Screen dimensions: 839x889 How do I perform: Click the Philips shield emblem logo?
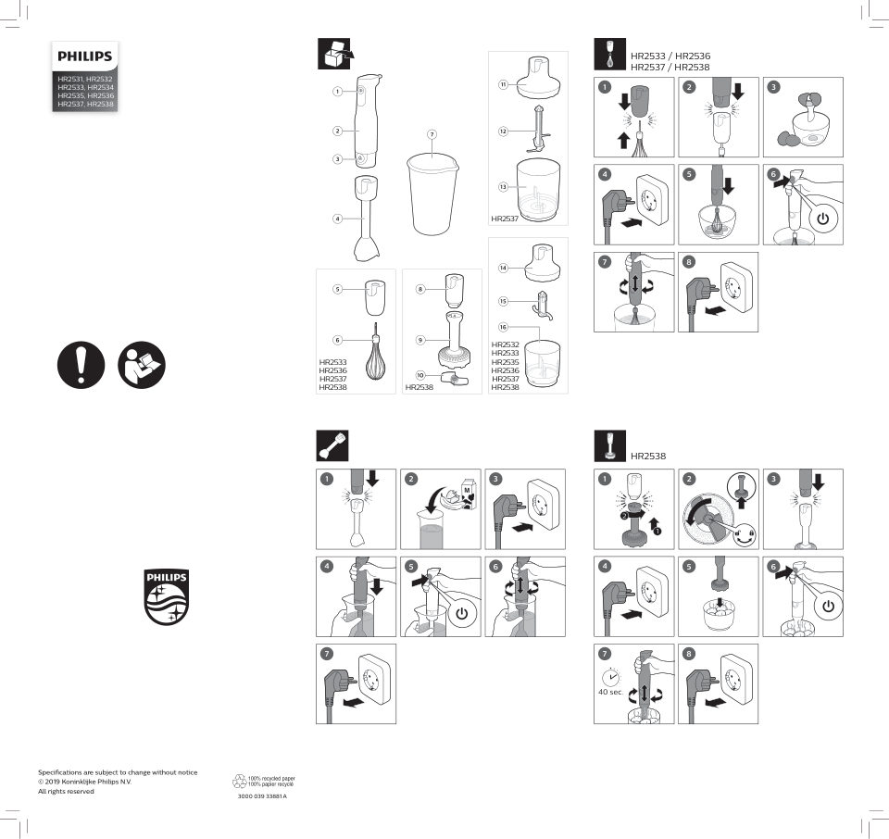(167, 596)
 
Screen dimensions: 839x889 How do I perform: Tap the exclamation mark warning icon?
(80, 365)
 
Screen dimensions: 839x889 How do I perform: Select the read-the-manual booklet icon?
(142, 365)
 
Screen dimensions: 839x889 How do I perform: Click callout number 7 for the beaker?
(432, 135)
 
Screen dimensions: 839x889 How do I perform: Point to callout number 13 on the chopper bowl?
(503, 187)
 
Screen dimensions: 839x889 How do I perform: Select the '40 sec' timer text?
(609, 692)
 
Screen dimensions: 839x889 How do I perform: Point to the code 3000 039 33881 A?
(263, 796)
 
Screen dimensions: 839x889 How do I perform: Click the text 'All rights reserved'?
(66, 791)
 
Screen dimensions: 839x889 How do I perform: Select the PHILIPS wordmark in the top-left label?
(84, 56)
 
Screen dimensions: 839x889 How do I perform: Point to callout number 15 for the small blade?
(503, 301)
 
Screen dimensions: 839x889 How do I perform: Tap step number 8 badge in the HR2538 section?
(688, 653)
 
